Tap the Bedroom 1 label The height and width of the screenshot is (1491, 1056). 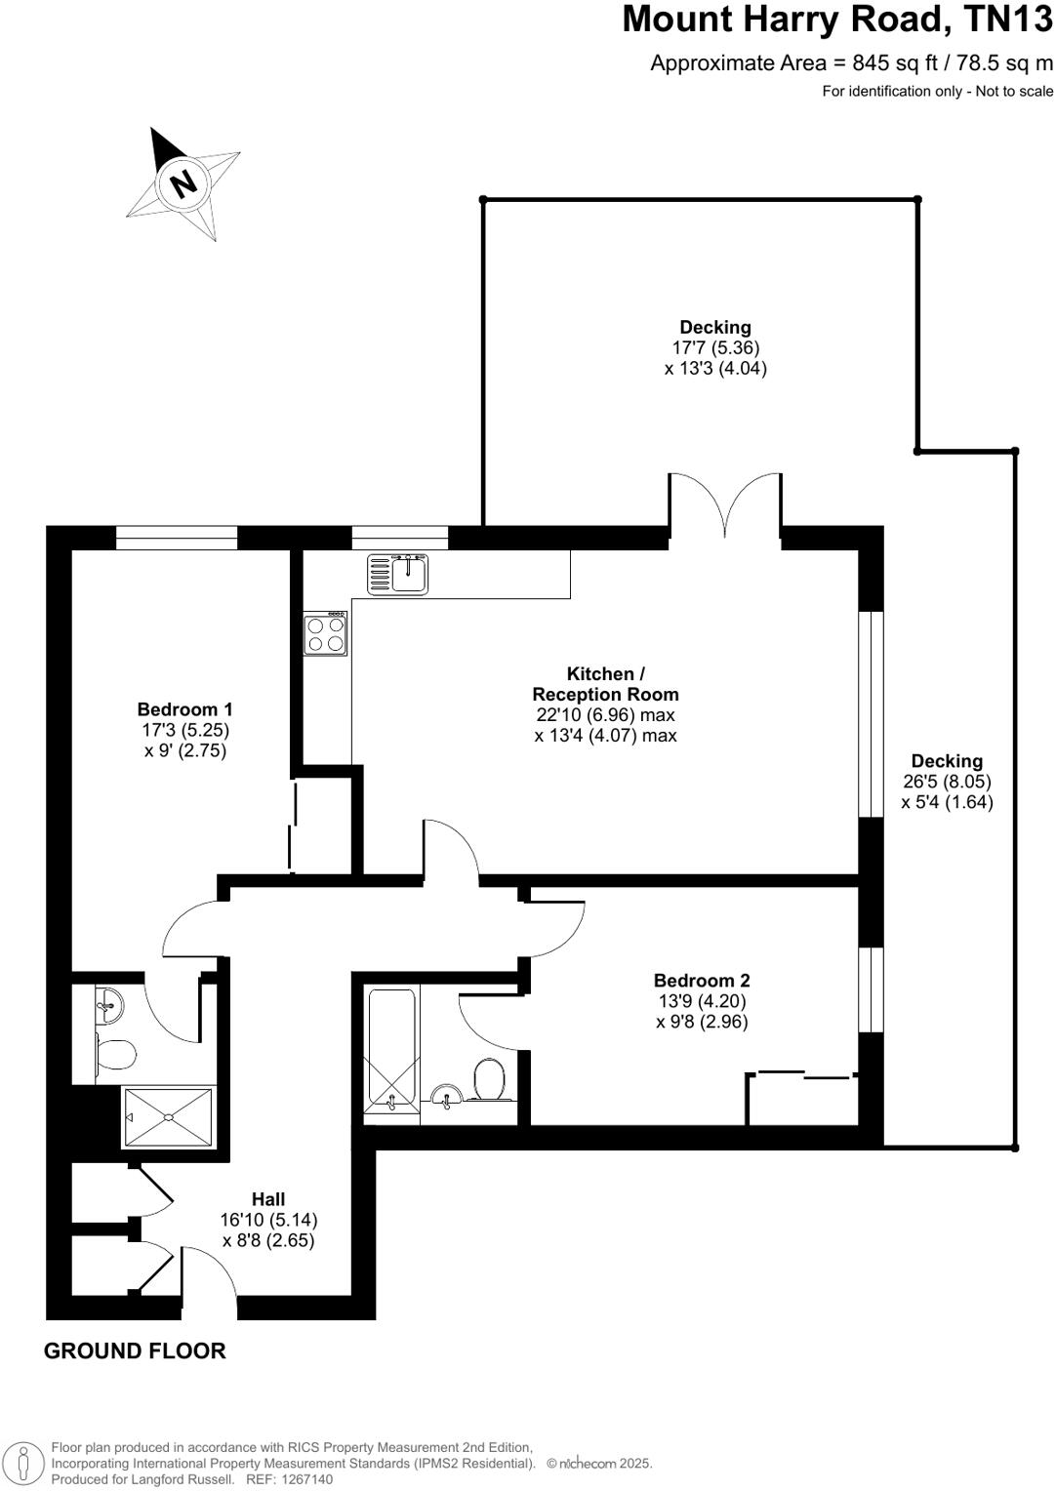[184, 709]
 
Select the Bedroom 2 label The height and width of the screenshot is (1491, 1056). [702, 981]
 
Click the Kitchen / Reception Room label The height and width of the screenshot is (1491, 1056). [605, 684]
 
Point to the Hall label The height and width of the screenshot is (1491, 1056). [268, 1199]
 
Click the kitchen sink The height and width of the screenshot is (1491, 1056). [397, 574]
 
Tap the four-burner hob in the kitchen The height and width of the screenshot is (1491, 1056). [325, 633]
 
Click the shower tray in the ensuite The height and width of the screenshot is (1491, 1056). [168, 1116]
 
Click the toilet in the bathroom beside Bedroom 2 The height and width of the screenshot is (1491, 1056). [488, 1080]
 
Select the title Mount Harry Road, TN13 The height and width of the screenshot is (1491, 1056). [837, 20]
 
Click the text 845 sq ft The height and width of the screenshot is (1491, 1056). [894, 63]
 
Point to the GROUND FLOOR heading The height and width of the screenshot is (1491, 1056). [135, 1350]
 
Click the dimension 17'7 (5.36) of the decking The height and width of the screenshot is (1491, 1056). [715, 347]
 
